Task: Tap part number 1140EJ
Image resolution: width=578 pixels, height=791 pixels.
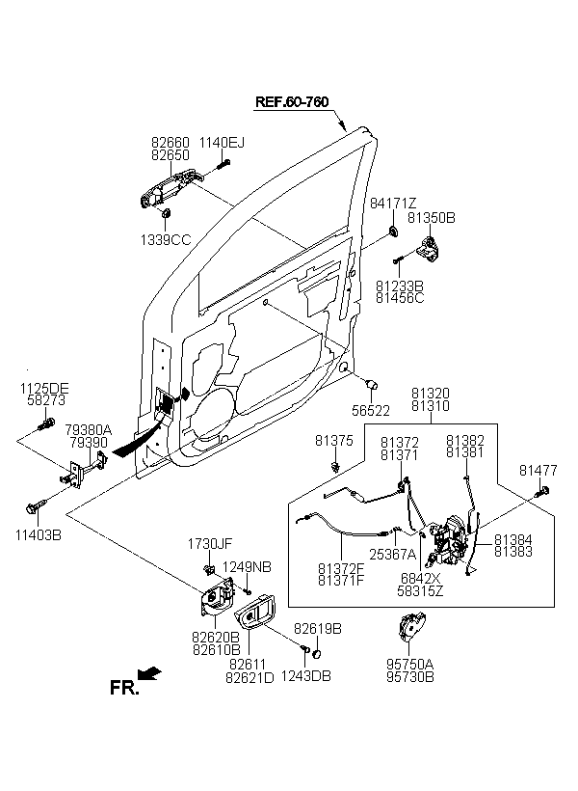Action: pyautogui.click(x=222, y=143)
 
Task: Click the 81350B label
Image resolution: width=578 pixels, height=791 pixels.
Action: pyautogui.click(x=431, y=218)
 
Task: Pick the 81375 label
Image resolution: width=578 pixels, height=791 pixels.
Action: pyautogui.click(x=334, y=441)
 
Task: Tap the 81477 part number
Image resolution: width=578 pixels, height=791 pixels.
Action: pyautogui.click(x=538, y=470)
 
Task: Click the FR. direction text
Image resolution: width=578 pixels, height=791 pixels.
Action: pyautogui.click(x=124, y=688)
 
